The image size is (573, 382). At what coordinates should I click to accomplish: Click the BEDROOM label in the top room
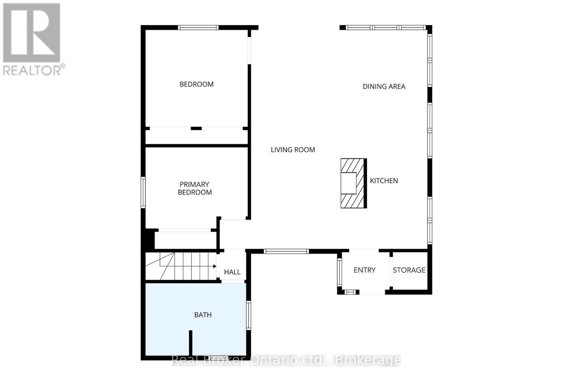(196, 84)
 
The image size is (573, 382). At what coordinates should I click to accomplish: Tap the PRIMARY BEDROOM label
(194, 188)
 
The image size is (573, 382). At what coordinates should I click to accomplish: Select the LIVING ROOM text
(293, 150)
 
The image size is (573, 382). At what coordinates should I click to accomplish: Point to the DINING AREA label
(384, 86)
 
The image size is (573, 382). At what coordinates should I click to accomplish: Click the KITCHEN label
(384, 181)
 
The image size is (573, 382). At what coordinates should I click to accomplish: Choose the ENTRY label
(364, 270)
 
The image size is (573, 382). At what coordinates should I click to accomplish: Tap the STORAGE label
(409, 270)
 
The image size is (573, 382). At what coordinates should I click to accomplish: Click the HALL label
(232, 272)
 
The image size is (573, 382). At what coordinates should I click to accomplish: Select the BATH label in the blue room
(203, 315)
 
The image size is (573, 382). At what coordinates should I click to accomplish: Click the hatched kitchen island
(352, 183)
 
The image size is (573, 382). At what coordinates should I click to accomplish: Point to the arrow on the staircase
(214, 266)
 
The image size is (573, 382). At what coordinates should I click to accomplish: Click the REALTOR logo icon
(32, 33)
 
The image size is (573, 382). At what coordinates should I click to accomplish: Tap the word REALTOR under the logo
(32, 70)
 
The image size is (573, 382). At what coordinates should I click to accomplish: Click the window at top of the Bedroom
(198, 28)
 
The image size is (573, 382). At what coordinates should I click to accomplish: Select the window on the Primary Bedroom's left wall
(143, 192)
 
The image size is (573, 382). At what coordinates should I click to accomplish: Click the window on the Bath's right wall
(248, 315)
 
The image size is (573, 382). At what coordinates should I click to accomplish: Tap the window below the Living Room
(286, 251)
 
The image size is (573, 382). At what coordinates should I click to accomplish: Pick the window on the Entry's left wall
(340, 272)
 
